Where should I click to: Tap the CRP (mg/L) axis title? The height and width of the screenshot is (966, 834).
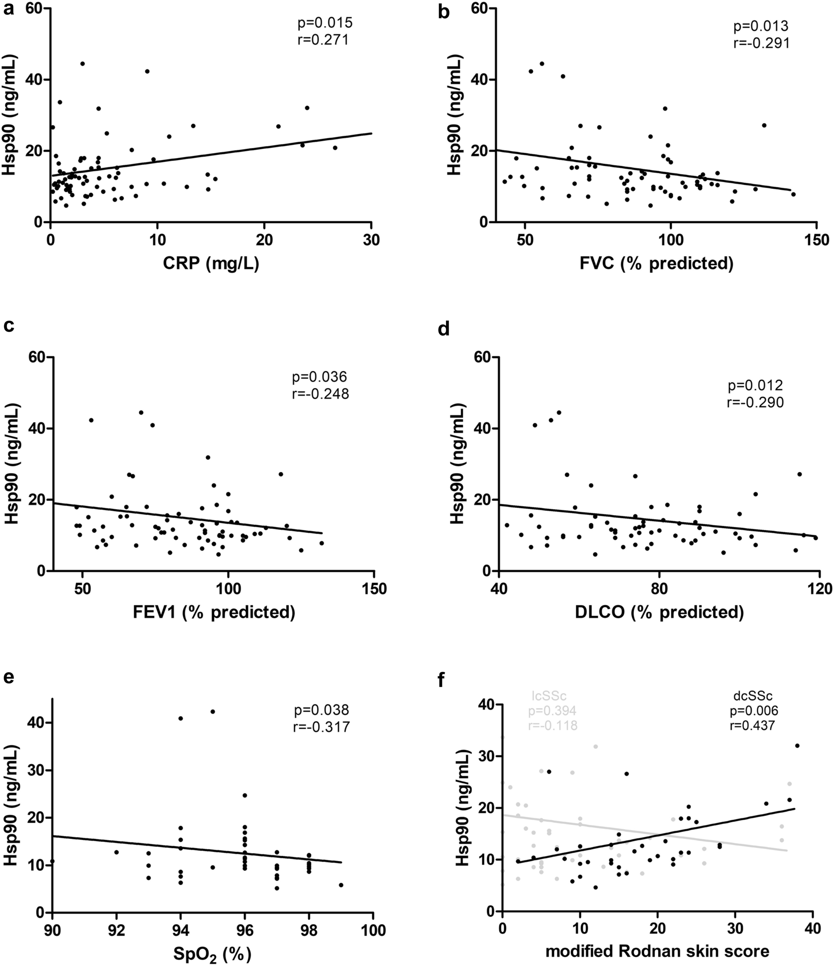(211, 264)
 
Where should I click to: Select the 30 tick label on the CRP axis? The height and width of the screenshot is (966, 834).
(371, 240)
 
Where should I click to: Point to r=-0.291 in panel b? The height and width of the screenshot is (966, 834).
(761, 43)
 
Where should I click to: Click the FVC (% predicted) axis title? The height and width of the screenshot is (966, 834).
(656, 264)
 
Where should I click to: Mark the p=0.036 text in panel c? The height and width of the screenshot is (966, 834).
(319, 376)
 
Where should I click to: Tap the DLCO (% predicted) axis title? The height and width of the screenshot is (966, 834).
(659, 612)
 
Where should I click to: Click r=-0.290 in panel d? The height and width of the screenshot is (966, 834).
(755, 402)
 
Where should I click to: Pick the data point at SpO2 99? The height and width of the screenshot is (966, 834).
(341, 885)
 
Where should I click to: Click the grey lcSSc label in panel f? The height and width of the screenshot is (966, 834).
(549, 696)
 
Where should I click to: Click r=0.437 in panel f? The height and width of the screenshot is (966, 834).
(752, 725)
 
